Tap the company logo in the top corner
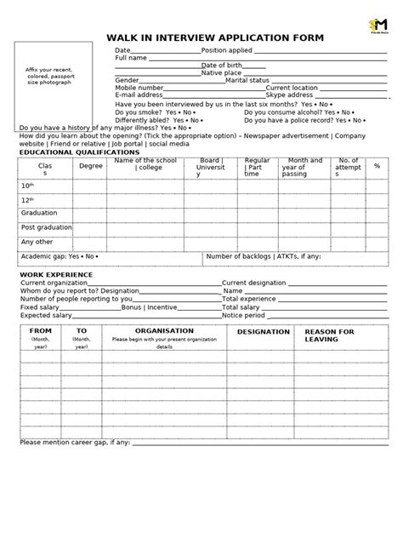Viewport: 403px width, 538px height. (375, 26)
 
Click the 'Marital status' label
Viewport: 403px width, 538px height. (247, 80)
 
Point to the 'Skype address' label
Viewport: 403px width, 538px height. (289, 95)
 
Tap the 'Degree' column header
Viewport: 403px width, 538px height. (91, 166)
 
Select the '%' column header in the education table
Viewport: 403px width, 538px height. (376, 166)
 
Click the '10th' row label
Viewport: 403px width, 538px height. (27, 185)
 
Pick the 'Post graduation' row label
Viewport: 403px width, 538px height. (47, 227)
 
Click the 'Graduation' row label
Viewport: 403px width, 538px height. (39, 213)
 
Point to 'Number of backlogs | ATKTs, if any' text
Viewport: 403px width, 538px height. (264, 255)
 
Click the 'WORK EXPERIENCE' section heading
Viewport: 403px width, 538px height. (56, 275)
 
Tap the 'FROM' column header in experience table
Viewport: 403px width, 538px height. (40, 330)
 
